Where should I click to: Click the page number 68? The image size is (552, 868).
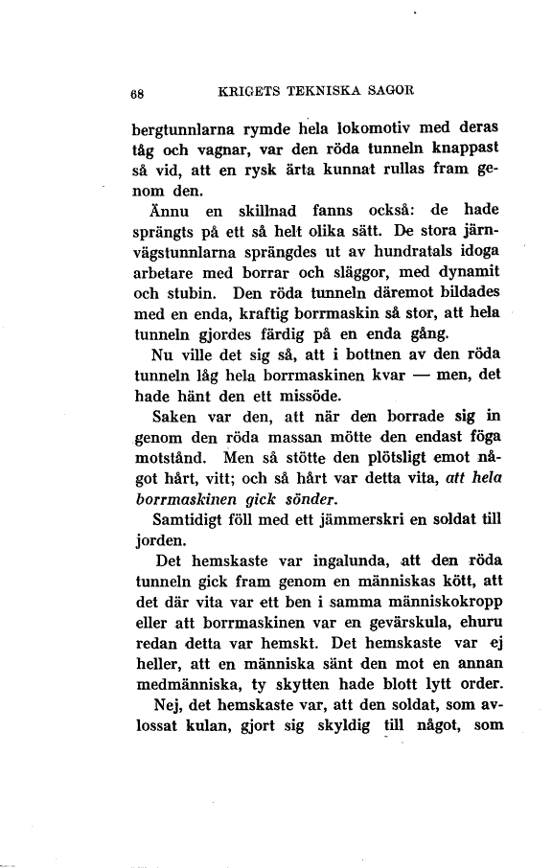coord(138,94)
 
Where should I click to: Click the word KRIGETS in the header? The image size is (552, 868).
coord(251,93)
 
